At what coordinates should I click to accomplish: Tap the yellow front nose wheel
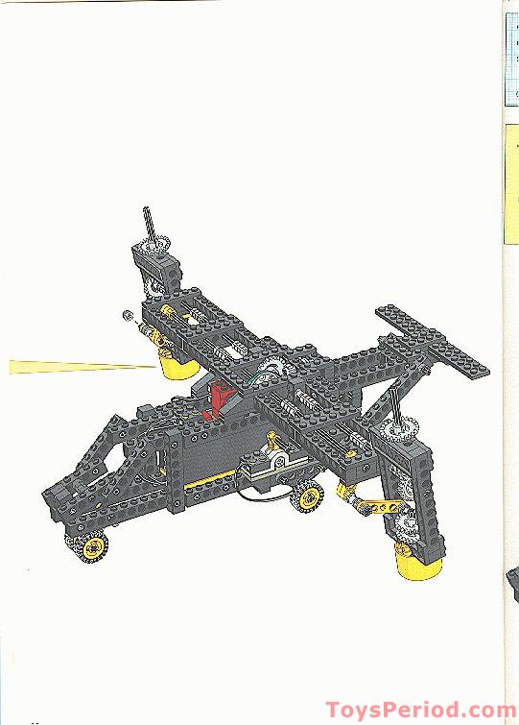(93, 547)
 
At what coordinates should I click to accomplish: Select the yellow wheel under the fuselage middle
(309, 497)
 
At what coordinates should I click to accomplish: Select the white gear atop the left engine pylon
(153, 252)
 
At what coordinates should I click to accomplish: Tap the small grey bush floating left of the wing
(125, 314)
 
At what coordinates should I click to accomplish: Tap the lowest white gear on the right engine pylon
(408, 524)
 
